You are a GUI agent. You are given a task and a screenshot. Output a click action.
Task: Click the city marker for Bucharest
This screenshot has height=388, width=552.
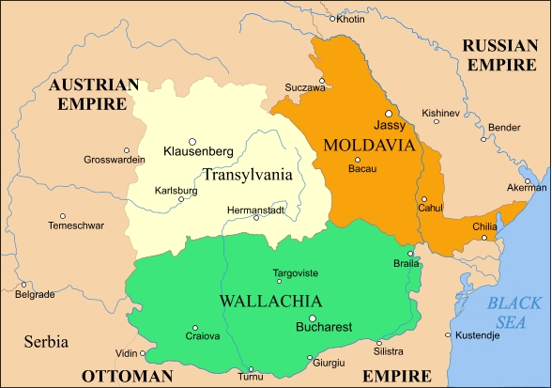pos(314,317)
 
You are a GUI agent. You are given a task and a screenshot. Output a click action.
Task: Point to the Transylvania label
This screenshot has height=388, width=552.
pos(247,174)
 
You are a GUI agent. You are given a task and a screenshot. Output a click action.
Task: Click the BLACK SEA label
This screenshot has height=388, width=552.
pos(514,313)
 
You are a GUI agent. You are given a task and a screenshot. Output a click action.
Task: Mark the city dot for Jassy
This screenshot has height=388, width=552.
pos(389,113)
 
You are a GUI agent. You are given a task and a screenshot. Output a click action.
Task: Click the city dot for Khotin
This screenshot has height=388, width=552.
pos(332,18)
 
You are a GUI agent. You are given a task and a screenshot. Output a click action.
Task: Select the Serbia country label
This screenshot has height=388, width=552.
pos(46,341)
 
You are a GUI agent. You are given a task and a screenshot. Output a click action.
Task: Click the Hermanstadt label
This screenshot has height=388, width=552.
pos(255,210)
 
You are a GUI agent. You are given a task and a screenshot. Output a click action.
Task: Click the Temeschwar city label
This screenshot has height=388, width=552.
pos(76,225)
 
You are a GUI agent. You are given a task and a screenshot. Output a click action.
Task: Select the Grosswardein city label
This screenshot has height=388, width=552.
pos(115,160)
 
